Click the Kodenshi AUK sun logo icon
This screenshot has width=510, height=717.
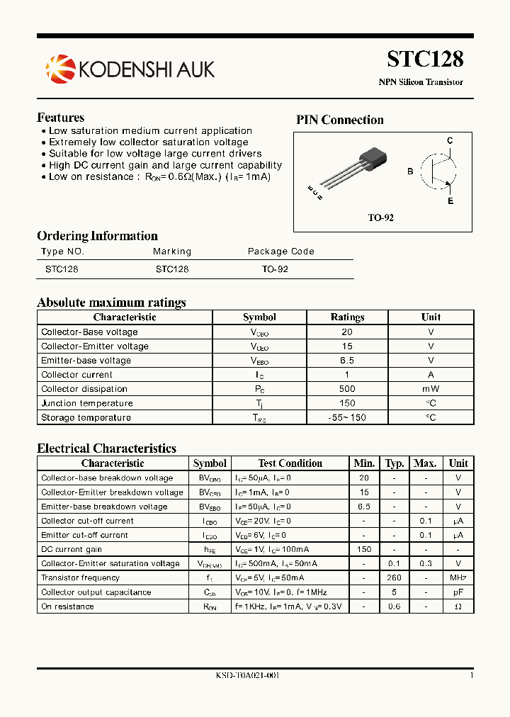coord(59,69)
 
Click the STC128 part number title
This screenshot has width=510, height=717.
coord(425,59)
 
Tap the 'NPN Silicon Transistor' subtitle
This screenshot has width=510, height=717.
coord(421,82)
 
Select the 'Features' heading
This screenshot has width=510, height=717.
coord(60,118)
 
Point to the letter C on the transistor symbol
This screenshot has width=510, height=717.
coord(450,141)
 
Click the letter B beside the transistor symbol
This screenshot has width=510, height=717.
coord(410,171)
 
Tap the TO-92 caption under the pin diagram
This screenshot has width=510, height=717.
coord(380,218)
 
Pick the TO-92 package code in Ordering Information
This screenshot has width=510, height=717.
coord(275,270)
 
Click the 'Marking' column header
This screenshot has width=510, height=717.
coord(172,252)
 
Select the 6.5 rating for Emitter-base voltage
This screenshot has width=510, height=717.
coord(347,361)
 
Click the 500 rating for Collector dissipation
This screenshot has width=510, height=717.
coord(347,389)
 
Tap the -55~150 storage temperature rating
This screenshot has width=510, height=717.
coord(347,417)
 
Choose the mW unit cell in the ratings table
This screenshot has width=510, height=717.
coord(431,389)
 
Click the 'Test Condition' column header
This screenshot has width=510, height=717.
coord(290,463)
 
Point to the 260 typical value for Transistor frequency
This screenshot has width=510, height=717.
coord(395,578)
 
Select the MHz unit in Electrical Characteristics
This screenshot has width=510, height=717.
coord(458,578)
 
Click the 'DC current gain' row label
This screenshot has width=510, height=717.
coord(72,549)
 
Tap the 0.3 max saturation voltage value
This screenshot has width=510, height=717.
coord(425,563)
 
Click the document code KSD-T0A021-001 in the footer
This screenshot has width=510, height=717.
coord(247,676)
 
